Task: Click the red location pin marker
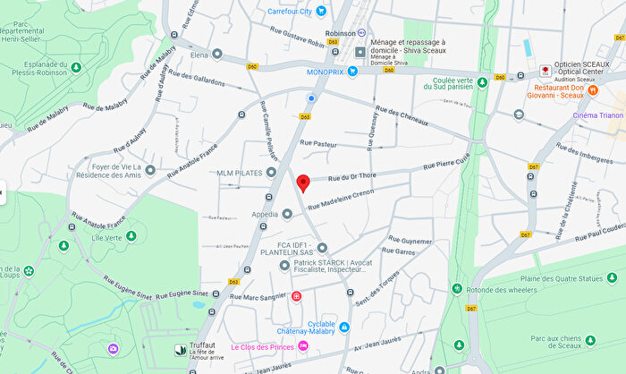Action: point(302,183)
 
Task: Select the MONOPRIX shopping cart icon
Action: point(352,72)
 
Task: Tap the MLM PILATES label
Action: point(239,172)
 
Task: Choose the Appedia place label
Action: point(264,215)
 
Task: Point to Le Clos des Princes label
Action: point(263,346)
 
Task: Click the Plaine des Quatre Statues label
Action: point(569,279)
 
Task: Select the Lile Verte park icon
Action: point(131,236)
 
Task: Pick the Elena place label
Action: point(199,54)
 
